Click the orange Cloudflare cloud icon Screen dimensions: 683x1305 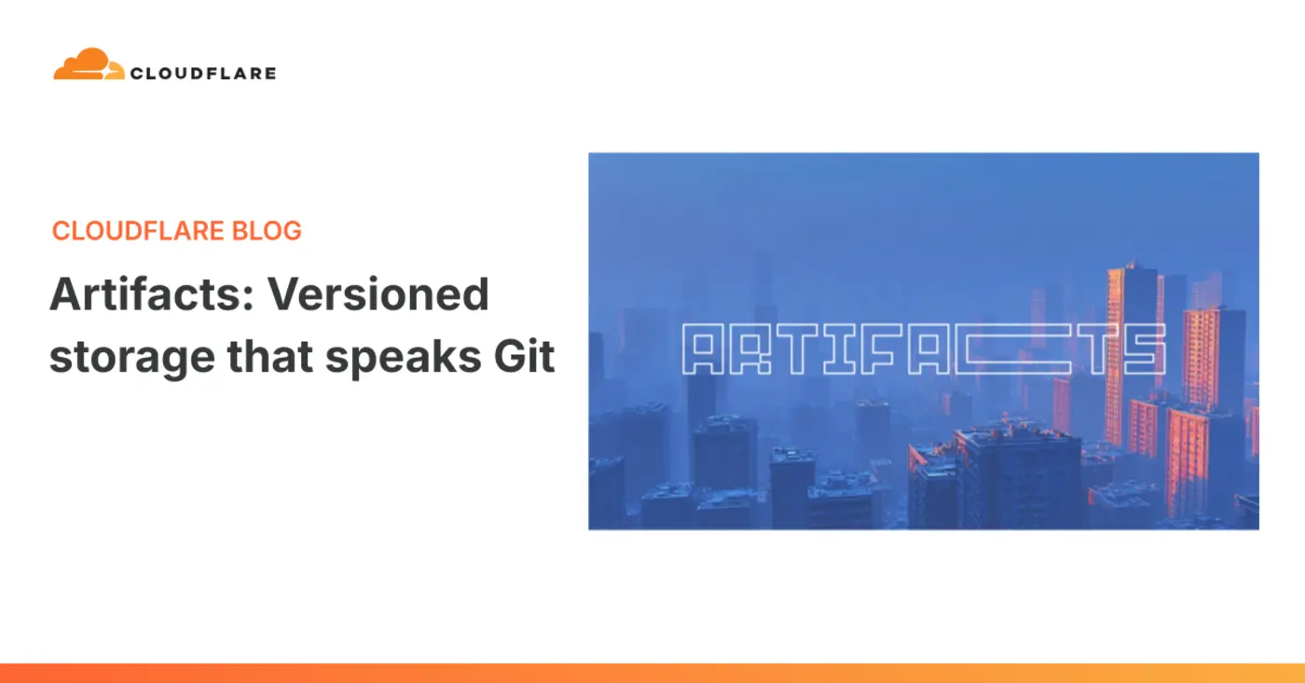point(88,64)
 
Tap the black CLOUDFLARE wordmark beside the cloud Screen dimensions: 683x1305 point(203,73)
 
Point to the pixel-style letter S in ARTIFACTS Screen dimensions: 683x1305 point(1145,349)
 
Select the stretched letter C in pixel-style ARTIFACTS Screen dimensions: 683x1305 point(1007,349)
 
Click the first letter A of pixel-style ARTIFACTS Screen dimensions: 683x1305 point(704,349)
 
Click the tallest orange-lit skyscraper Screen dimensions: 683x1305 point(1131,354)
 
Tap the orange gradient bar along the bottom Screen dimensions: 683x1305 point(652,673)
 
